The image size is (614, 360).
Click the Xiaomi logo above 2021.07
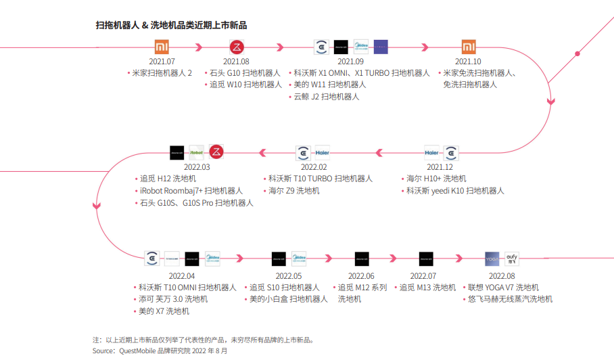click(x=162, y=47)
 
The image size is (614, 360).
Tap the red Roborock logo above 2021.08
click(x=237, y=47)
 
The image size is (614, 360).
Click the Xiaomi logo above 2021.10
click(x=469, y=47)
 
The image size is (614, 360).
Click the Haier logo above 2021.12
click(x=431, y=152)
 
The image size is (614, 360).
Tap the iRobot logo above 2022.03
click(x=197, y=152)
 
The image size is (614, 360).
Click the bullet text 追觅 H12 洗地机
click(x=168, y=179)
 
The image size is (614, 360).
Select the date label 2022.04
click(x=181, y=275)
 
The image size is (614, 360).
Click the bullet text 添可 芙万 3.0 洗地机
click(x=173, y=299)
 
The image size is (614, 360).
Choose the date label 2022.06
click(x=361, y=275)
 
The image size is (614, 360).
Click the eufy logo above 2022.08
click(x=511, y=258)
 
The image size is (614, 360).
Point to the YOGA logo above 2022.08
click(x=492, y=258)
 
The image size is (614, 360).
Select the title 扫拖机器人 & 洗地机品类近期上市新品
click(x=171, y=26)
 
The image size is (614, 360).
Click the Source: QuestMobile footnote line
click(x=160, y=351)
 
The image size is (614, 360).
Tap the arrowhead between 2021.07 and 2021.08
click(x=199, y=47)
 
